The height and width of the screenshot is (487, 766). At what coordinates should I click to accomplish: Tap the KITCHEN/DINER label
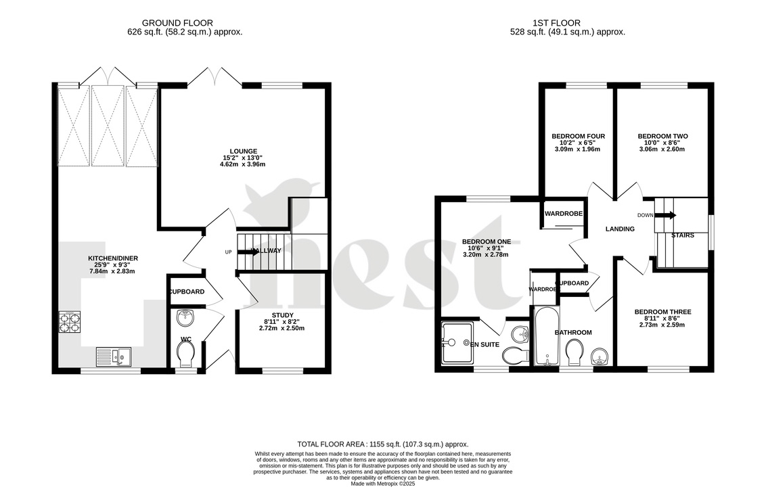click(112, 258)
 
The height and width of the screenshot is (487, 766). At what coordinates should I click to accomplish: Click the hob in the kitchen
click(70, 321)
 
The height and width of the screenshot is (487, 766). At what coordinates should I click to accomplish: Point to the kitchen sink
click(114, 355)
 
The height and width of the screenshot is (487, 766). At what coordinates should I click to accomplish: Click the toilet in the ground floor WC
click(185, 352)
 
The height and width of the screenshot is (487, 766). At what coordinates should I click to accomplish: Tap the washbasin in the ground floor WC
click(185, 317)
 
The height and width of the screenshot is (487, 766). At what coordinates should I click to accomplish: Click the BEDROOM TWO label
click(662, 136)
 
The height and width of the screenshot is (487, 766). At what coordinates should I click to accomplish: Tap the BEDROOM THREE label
click(662, 312)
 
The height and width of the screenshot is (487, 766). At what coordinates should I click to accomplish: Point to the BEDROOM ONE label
click(486, 241)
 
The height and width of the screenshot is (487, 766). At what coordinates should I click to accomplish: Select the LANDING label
click(620, 229)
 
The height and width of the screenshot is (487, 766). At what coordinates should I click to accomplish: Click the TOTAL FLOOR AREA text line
click(383, 444)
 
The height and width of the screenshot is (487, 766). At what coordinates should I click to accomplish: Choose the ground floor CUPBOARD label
click(187, 292)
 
